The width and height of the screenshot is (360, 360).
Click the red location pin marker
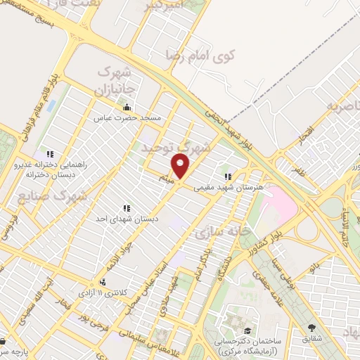pyautogui.click(x=181, y=167)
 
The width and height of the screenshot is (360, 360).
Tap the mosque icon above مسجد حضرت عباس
pyautogui.click(x=127, y=107)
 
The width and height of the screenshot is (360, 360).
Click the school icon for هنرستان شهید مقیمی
pyautogui.click(x=226, y=177)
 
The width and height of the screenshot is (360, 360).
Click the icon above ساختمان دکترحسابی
pyautogui.click(x=247, y=330)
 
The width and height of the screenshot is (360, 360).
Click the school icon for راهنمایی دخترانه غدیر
pyautogui.click(x=49, y=154)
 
